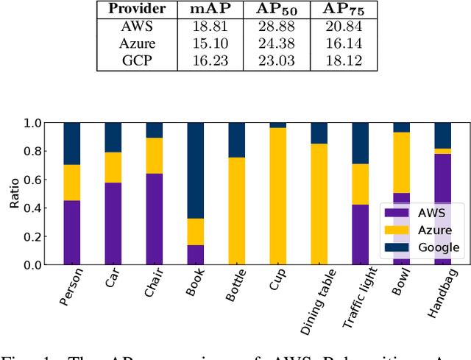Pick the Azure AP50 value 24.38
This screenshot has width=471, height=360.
tap(273, 44)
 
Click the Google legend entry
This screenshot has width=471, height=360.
tap(434, 247)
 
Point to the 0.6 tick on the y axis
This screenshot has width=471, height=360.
tap(35, 180)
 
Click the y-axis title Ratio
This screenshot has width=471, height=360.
tap(13, 194)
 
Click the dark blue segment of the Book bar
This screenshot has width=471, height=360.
tap(195, 170)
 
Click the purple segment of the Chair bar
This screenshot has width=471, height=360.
tap(154, 219)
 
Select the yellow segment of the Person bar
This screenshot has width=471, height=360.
tap(71, 182)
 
